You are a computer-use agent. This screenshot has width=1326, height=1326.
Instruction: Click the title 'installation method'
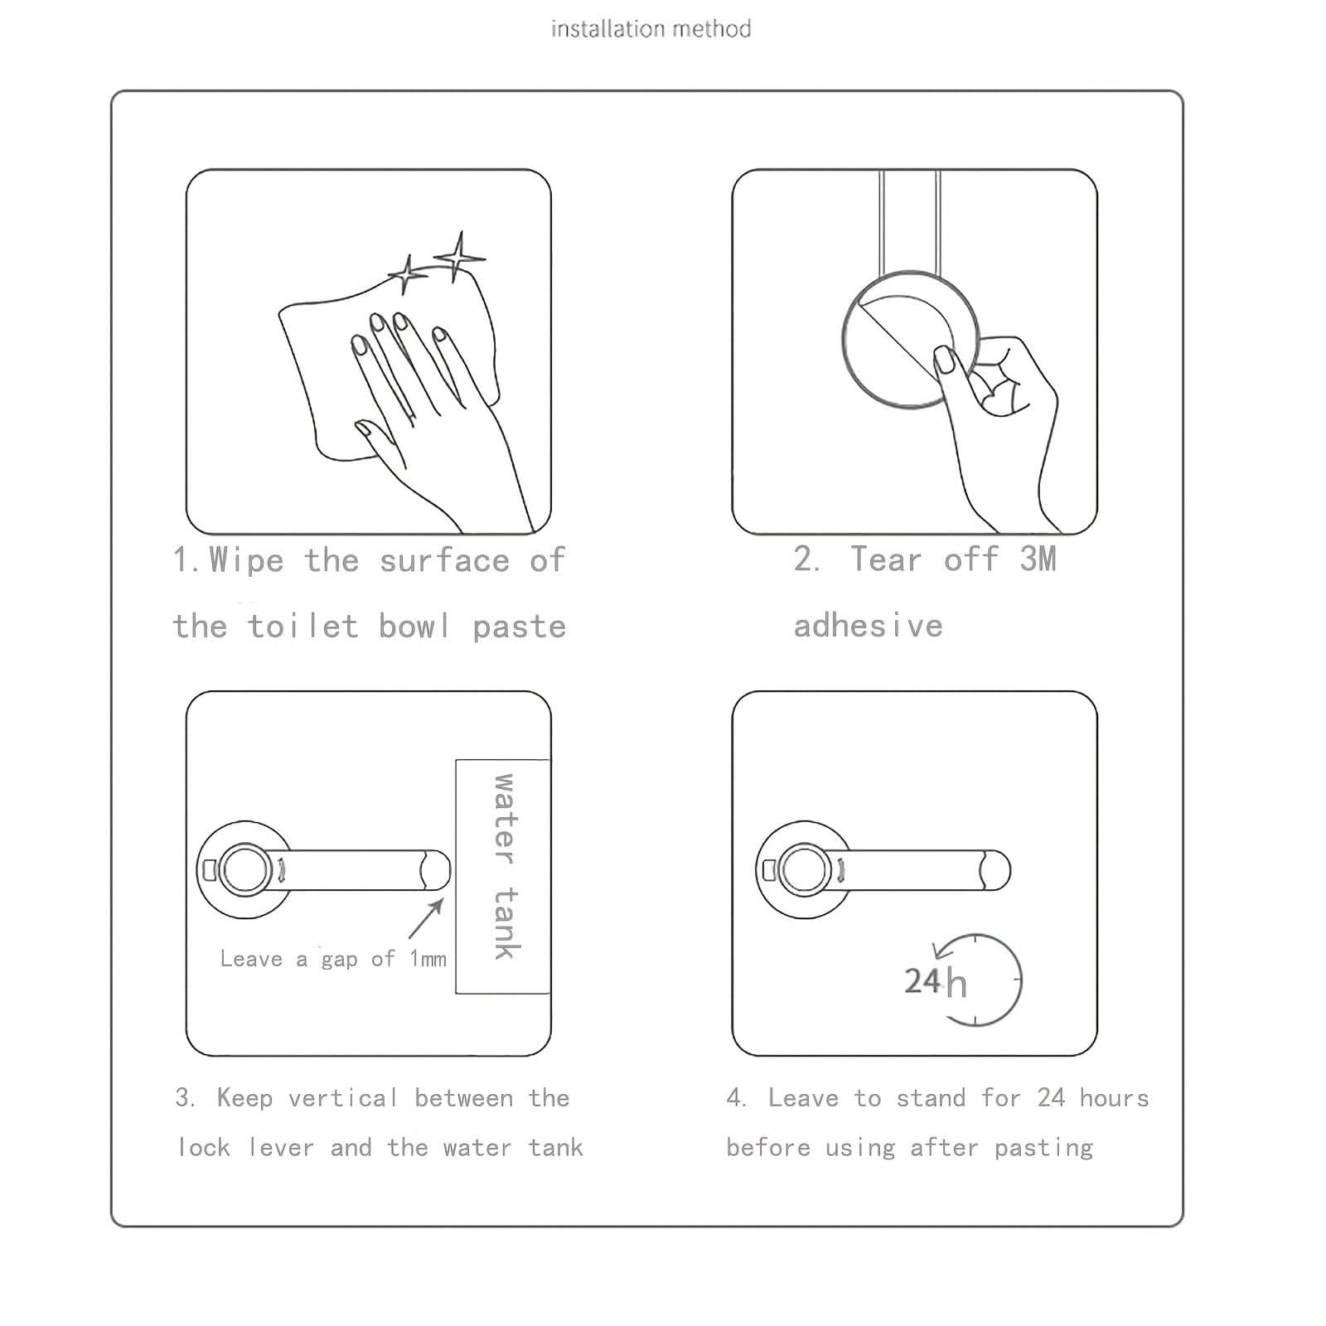click(651, 29)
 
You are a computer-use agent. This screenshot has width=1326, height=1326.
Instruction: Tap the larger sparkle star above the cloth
click(458, 256)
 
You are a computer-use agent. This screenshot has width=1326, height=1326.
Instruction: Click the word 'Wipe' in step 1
click(246, 560)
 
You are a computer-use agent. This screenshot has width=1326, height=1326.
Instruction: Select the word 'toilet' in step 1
click(303, 627)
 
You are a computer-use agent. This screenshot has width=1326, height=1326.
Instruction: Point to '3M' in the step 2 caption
click(1038, 559)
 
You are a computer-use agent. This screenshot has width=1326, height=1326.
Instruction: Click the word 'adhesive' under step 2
click(869, 626)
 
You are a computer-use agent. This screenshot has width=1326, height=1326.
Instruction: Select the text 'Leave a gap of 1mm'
click(333, 959)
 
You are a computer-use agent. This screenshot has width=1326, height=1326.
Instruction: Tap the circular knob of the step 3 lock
click(244, 870)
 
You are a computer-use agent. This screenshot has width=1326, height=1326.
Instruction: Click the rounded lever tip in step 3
click(436, 870)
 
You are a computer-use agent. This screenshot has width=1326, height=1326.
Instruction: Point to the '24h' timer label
click(935, 982)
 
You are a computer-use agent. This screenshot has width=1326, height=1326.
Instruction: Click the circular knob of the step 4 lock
click(804, 870)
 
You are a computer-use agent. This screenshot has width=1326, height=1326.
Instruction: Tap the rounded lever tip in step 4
click(996, 870)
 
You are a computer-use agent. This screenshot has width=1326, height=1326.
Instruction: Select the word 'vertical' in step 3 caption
click(343, 1098)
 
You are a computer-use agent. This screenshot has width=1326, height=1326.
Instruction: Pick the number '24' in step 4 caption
click(1051, 1098)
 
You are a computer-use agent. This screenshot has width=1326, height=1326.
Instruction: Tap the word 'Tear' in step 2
click(886, 559)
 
